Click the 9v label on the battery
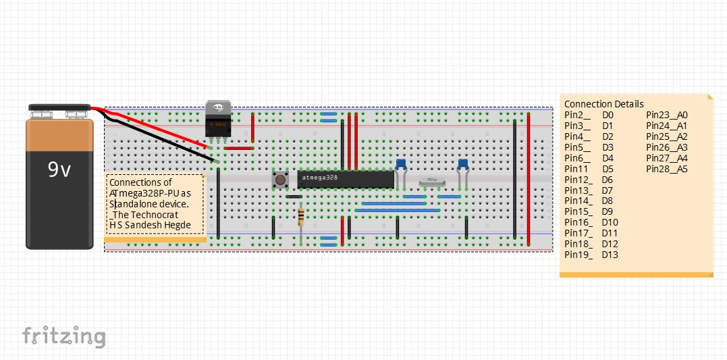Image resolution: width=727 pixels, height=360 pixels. click(x=59, y=170)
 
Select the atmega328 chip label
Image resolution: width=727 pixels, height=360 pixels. click(x=319, y=178)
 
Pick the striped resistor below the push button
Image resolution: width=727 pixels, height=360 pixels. click(x=300, y=217)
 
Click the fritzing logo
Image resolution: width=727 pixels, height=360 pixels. click(x=64, y=336)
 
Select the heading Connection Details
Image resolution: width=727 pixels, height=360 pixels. click(x=603, y=104)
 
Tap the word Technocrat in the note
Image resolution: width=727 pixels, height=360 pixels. click(x=157, y=214)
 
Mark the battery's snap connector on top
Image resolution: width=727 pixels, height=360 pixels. click(x=59, y=108)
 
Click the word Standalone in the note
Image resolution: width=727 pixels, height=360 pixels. click(x=140, y=203)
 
